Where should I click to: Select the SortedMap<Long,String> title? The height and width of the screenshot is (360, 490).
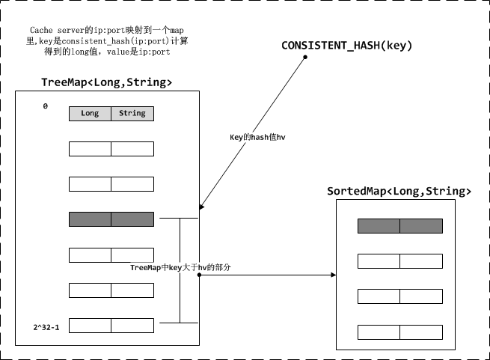pyautogui.click(x=399, y=192)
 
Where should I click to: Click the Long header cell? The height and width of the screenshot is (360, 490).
pyautogui.click(x=90, y=114)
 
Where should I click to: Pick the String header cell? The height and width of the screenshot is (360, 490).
pyautogui.click(x=132, y=114)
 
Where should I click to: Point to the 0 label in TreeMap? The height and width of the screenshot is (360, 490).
pyautogui.click(x=45, y=107)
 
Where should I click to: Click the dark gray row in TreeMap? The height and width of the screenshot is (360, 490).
pyautogui.click(x=111, y=219)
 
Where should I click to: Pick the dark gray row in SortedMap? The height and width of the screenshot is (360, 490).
pyautogui.click(x=399, y=225)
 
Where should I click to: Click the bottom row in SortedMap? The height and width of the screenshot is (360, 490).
pyautogui.click(x=399, y=332)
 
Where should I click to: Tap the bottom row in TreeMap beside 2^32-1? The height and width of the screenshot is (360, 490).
pyautogui.click(x=111, y=326)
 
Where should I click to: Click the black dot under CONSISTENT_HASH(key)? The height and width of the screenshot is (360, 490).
pyautogui.click(x=306, y=56)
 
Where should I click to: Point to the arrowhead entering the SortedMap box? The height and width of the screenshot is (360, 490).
pyautogui.click(x=331, y=275)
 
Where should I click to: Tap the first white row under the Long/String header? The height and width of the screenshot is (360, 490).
pyautogui.click(x=111, y=149)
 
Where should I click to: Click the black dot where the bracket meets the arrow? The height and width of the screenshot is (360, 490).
pyautogui.click(x=199, y=275)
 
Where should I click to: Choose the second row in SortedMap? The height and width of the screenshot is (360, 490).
pyautogui.click(x=399, y=260)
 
